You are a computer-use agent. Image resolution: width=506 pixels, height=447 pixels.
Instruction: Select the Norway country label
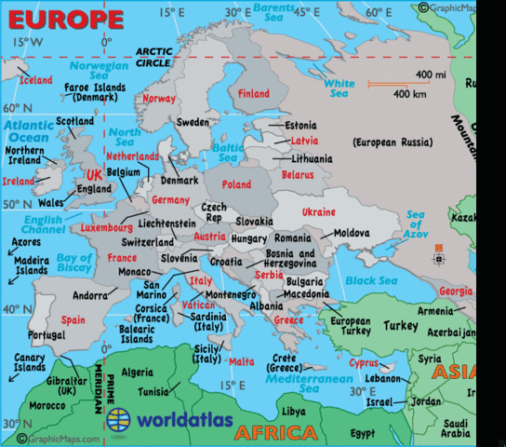pyautogui.click(x=160, y=99)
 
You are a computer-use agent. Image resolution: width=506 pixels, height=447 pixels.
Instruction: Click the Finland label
pyautogui.click(x=254, y=94)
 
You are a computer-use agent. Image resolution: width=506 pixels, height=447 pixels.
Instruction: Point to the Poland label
pyautogui.click(x=236, y=184)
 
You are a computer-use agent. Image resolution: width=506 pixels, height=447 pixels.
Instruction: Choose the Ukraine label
pyautogui.click(x=318, y=212)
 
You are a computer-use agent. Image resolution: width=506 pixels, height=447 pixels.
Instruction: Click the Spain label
pyautogui.click(x=73, y=319)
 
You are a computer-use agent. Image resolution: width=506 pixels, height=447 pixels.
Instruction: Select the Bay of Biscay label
pyautogui.click(x=74, y=264)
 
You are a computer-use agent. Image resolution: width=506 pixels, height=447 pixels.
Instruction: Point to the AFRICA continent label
pyautogui.click(x=275, y=433)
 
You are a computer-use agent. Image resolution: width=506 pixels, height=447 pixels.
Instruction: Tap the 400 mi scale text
pyautogui.click(x=431, y=74)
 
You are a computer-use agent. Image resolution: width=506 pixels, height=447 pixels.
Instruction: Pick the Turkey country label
pyautogui.click(x=401, y=326)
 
